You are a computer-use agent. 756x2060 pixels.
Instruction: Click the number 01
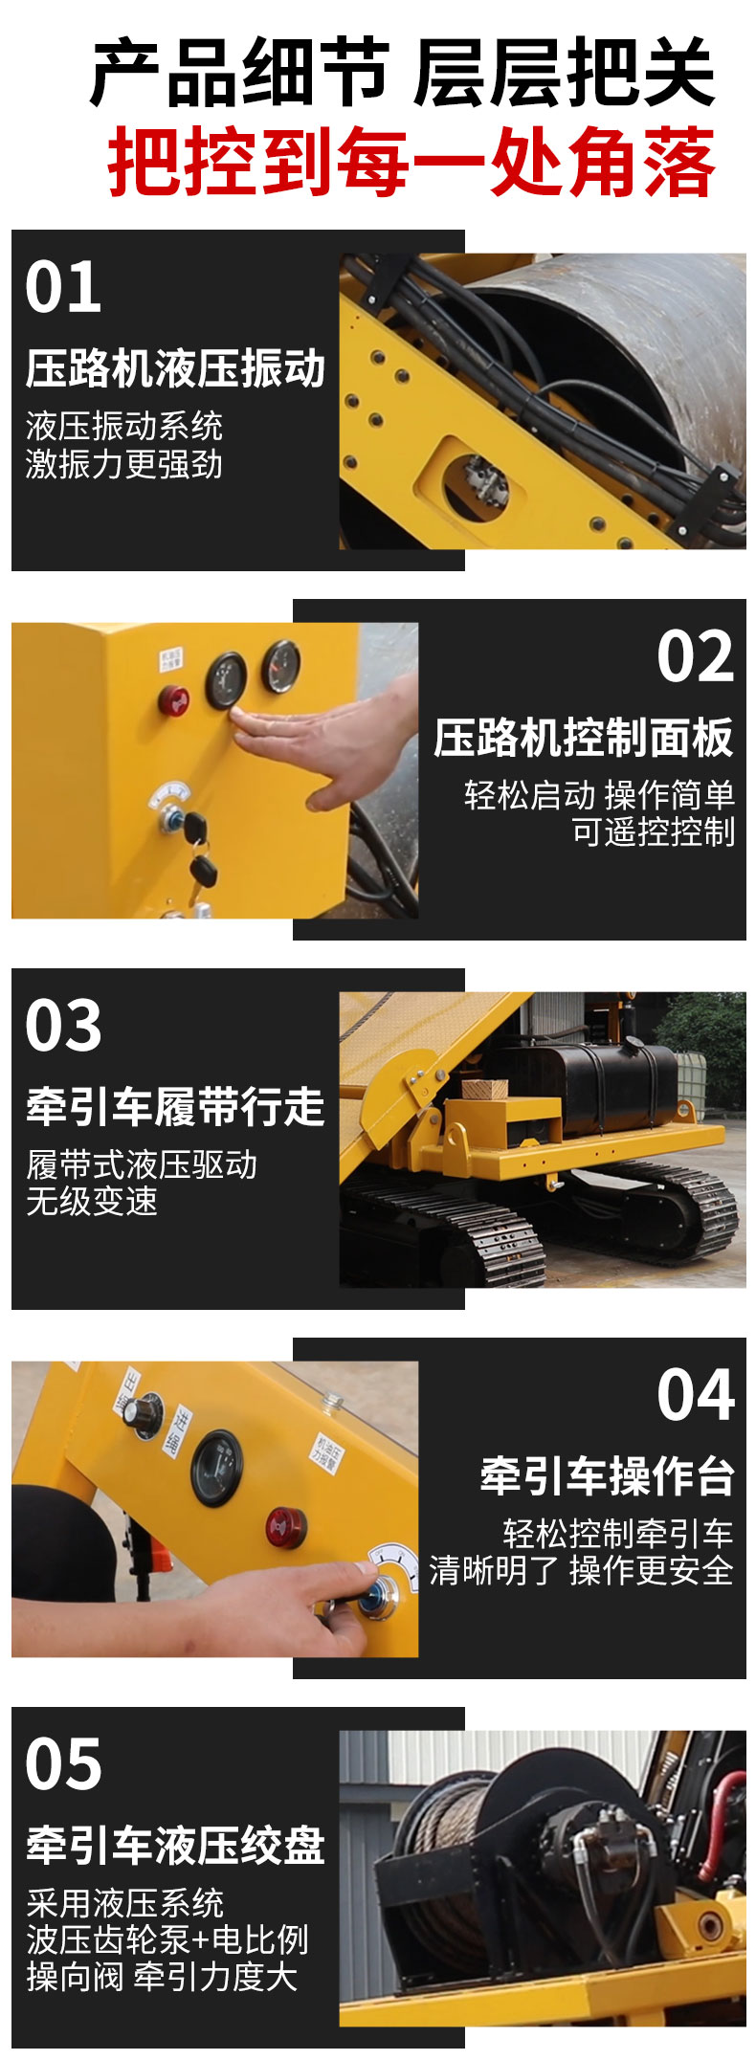pyautogui.click(x=63, y=287)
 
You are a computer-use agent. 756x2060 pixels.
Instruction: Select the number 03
pyautogui.click(x=63, y=1026)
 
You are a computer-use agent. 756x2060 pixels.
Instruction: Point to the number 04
pyautogui.click(x=695, y=1395)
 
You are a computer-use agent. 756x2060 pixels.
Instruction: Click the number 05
pyautogui.click(x=63, y=1764)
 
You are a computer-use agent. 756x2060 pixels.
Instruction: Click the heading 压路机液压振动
pyautogui.click(x=175, y=369)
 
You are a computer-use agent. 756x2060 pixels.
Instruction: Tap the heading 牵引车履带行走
pyautogui.click(x=175, y=1108)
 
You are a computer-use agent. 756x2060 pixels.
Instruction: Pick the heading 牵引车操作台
pyautogui.click(x=607, y=1476)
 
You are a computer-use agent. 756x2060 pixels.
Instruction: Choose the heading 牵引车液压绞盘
pyautogui.click(x=175, y=1846)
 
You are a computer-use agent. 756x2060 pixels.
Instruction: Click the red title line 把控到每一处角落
pyautogui.click(x=411, y=164)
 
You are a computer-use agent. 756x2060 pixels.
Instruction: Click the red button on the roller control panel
pyautogui.click(x=173, y=699)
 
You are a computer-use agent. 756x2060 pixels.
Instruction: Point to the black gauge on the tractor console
pyautogui.click(x=217, y=1468)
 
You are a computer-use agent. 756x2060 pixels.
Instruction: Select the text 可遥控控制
pyautogui.click(x=653, y=832)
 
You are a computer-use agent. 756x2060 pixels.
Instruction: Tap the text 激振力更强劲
pyautogui.click(x=123, y=464)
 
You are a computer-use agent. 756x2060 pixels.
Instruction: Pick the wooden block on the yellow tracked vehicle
pyautogui.click(x=484, y=1089)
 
